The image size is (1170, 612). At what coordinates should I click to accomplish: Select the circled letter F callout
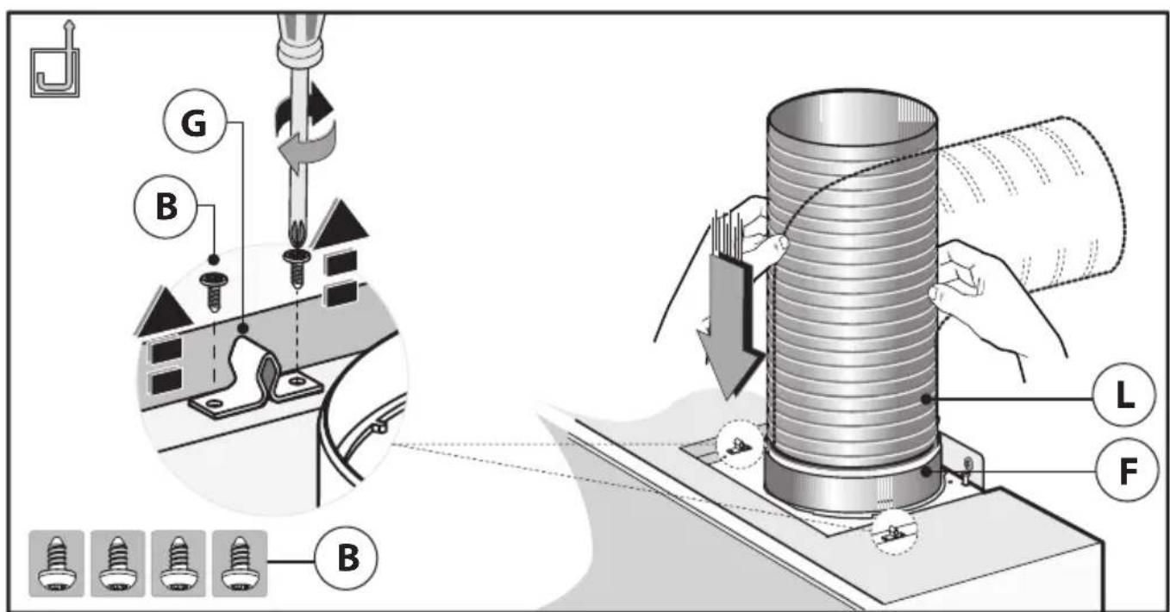click(1121, 471)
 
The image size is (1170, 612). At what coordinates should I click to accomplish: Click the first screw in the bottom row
click(56, 562)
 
